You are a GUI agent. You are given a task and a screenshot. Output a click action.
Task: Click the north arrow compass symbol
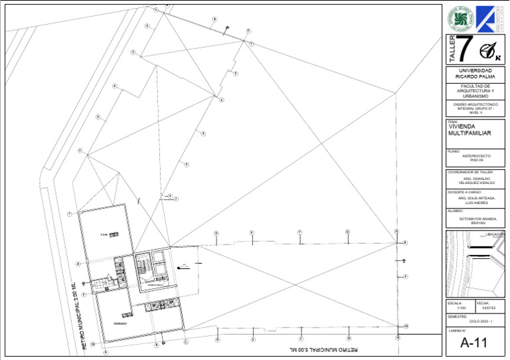pos(490,50)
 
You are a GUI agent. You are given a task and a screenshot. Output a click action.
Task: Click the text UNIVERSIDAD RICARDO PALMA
pos(475,73)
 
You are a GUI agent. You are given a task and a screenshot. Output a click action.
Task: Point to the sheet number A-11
pos(474,343)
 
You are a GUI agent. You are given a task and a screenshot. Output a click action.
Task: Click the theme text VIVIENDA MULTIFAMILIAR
pos(470,130)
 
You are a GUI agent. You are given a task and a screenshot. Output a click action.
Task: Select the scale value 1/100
pos(462,308)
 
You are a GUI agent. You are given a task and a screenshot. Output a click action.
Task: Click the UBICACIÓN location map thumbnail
pos(475,263)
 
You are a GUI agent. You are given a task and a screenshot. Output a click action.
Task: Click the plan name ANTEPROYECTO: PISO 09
pos(476,158)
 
